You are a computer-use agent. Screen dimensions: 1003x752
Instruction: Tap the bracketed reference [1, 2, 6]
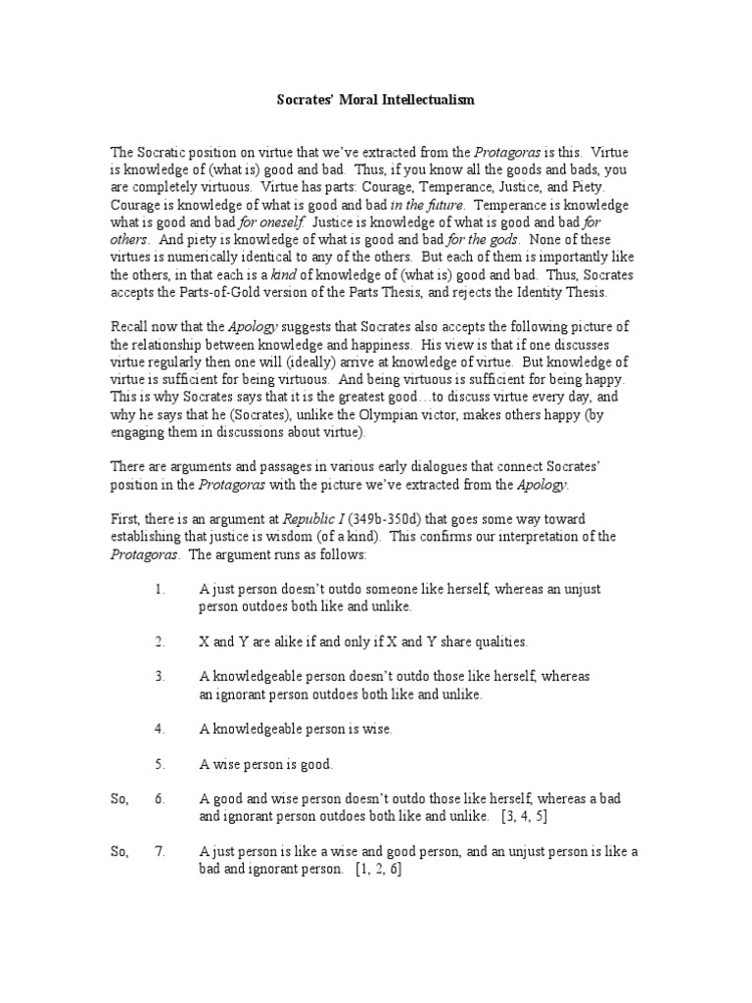(x=378, y=869)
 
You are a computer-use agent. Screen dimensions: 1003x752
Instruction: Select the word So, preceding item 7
(x=119, y=852)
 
